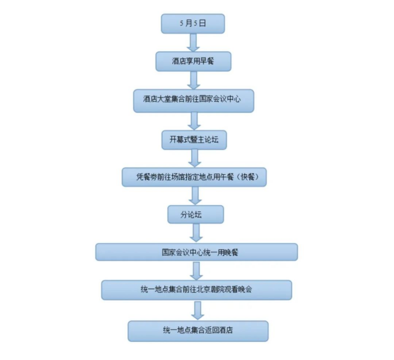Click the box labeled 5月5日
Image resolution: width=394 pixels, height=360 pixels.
pos(192,24)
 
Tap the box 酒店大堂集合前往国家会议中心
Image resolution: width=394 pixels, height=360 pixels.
pos(194,99)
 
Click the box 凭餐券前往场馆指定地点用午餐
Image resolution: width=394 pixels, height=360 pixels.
pos(194,177)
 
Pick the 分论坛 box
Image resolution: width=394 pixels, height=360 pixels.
pos(195,214)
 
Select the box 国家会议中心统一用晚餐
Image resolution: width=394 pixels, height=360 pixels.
pos(196,252)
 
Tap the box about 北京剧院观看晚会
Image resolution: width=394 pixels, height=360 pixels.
pos(196,290)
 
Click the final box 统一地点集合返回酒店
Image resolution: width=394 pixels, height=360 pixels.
pos(198,330)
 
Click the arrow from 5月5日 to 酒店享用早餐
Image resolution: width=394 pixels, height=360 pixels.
pos(193,42)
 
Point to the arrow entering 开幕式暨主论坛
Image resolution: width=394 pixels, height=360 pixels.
pos(194,119)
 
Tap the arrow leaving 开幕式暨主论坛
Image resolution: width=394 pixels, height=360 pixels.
pos(195,158)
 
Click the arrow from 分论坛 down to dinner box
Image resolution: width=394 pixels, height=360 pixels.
pos(196,233)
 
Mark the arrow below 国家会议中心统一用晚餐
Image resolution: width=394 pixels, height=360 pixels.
pos(197,271)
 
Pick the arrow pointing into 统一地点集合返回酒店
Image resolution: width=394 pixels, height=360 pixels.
pos(198,310)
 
